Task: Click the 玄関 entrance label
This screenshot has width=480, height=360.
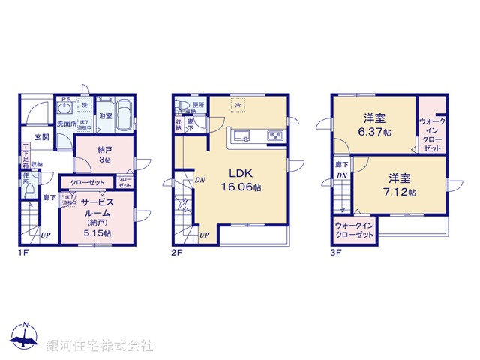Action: pyautogui.click(x=41, y=137)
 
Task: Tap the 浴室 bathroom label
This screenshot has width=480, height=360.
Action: pyautogui.click(x=106, y=116)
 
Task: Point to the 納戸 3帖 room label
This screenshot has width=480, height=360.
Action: pyautogui.click(x=105, y=154)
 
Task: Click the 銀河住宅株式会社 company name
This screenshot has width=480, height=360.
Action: pyautogui.click(x=99, y=346)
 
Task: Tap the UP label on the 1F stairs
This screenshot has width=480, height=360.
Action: pyautogui.click(x=46, y=235)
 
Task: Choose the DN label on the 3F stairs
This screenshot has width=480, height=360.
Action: pyautogui.click(x=342, y=176)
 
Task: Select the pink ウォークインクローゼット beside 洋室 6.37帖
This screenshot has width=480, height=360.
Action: pyautogui.click(x=431, y=135)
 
